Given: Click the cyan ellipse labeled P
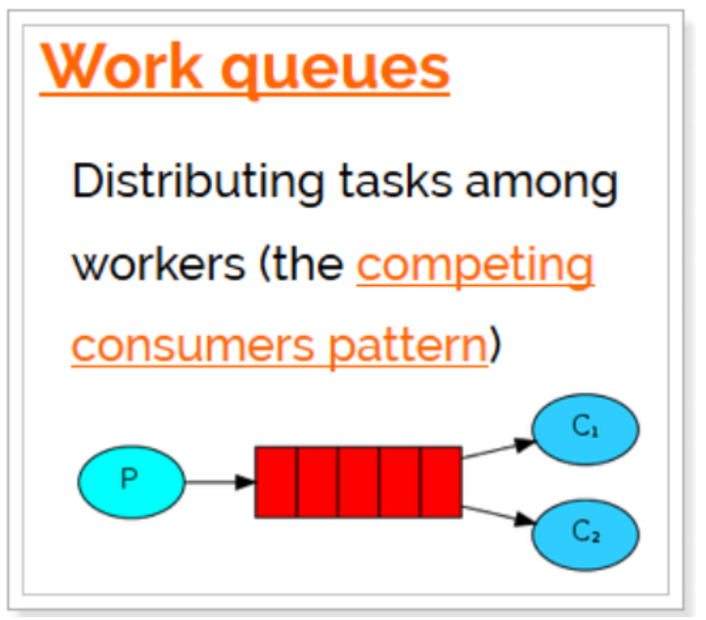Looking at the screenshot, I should coord(131,481).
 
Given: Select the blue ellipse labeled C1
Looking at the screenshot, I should coord(586,429).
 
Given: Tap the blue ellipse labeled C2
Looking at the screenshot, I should coord(586,532).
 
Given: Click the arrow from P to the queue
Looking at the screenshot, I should coord(221,482).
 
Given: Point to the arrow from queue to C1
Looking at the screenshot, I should coord(498,449).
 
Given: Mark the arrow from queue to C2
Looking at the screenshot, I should coord(498,514).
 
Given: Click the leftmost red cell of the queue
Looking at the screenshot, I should coord(276,482).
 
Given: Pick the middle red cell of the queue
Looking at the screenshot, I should coord(359,482).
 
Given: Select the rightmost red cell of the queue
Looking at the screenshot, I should coord(441,482).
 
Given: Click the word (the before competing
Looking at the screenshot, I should coord(301,264).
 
